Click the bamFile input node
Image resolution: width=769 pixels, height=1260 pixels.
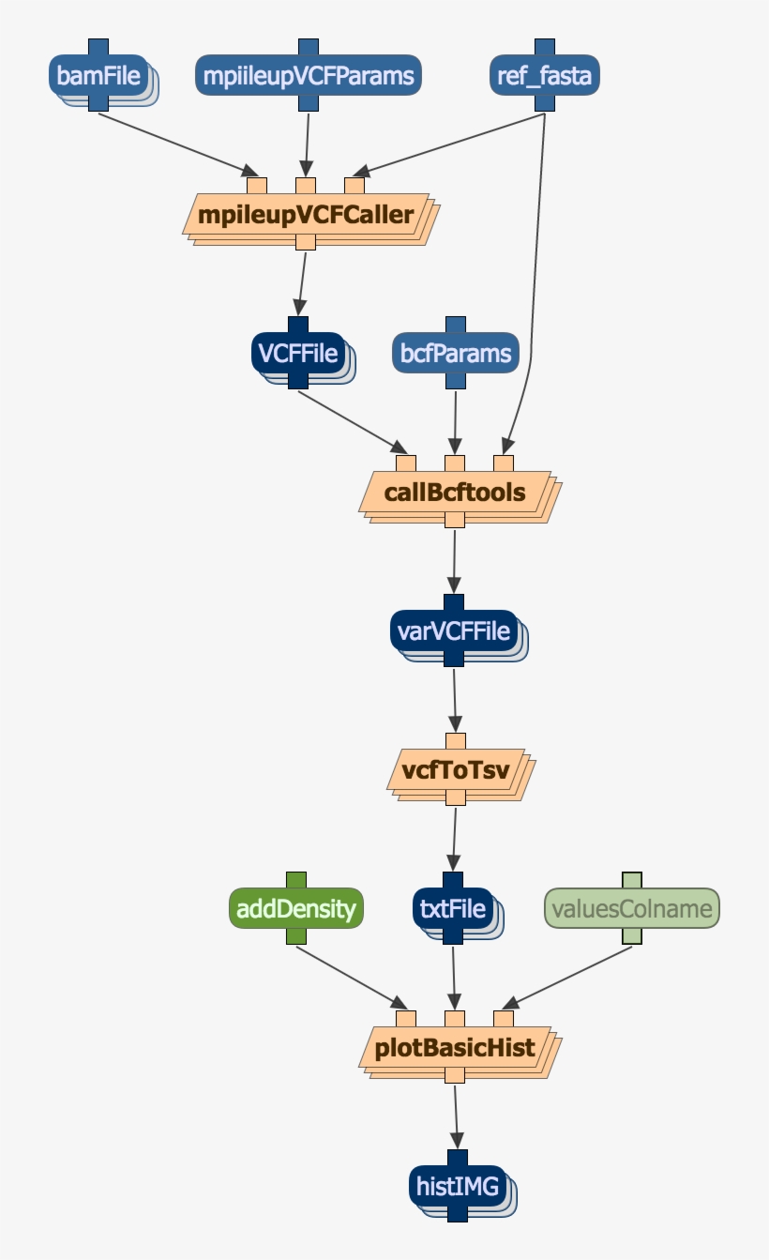[99, 76]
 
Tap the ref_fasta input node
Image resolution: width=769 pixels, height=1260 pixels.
[545, 76]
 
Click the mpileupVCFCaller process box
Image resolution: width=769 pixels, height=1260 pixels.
[307, 215]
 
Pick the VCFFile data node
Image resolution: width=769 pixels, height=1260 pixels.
[297, 354]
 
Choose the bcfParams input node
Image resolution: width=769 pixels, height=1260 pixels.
[455, 354]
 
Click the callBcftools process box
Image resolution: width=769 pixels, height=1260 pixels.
[455, 493]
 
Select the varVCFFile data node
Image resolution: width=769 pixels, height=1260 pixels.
[454, 630]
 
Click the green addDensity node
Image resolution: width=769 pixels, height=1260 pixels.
[296, 908]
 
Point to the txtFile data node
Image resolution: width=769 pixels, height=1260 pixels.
[453, 908]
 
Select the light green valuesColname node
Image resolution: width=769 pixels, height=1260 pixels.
[632, 908]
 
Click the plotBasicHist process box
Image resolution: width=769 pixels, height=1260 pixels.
[455, 1047]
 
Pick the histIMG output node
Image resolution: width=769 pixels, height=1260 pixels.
[458, 1186]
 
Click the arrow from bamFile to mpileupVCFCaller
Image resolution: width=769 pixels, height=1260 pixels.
[178, 144]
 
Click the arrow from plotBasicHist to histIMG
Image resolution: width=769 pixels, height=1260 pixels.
[456, 1116]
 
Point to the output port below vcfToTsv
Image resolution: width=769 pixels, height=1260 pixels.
[456, 797]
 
